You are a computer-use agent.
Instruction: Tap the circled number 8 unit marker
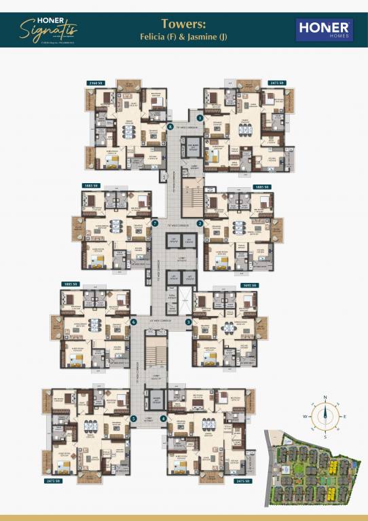click(170, 126)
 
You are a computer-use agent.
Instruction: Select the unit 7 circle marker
click(155, 223)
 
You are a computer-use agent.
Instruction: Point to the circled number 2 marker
click(200, 223)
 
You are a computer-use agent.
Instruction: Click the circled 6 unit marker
click(134, 322)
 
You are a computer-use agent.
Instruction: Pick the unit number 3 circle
click(188, 322)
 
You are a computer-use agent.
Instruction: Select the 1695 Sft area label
click(250, 285)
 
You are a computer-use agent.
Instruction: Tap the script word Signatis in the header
click(58, 31)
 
